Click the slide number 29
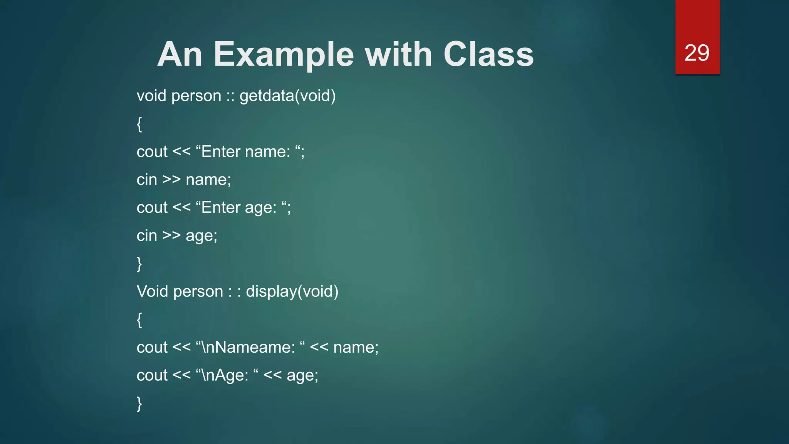pos(697,53)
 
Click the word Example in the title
pos(284,55)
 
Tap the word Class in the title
pos(489,54)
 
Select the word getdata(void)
pos(287,96)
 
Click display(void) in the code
pos(292,291)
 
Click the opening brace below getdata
pos(139,124)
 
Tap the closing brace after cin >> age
pos(139,264)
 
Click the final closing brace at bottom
pos(139,404)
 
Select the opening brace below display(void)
pos(139,320)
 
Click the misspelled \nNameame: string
pos(247,347)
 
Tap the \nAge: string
pos(223,375)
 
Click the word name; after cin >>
pos(208,180)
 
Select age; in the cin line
pos(201,236)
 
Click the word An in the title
pos(180,54)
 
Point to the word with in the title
pos(398,54)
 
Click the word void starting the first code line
pos(151,96)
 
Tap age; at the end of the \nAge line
pos(302,375)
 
